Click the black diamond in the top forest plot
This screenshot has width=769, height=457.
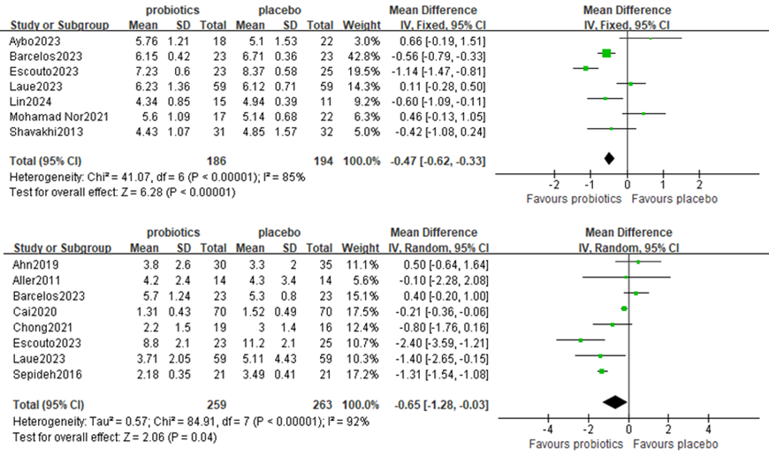[x=608, y=158]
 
